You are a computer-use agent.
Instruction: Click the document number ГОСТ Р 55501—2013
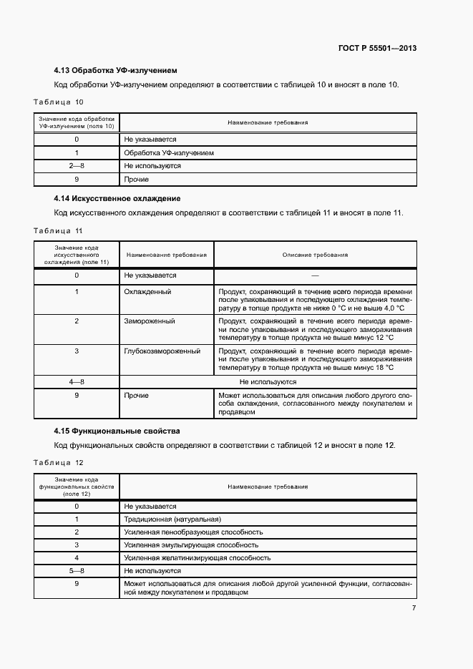click(x=377, y=49)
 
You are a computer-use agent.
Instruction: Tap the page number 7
click(x=414, y=608)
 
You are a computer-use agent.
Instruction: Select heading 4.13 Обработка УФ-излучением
click(x=115, y=71)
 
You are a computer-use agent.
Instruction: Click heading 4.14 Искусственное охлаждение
click(x=117, y=198)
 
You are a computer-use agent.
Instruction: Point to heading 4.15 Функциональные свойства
click(x=117, y=431)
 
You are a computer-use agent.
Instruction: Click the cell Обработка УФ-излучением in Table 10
click(x=169, y=153)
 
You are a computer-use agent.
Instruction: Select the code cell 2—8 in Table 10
click(x=77, y=166)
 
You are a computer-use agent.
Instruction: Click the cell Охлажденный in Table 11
click(x=147, y=292)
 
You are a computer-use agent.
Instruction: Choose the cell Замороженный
click(x=150, y=321)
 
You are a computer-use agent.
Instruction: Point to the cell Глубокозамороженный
click(x=162, y=351)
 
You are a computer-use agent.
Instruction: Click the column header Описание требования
click(x=315, y=255)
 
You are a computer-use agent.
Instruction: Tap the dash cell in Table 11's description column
click(x=315, y=275)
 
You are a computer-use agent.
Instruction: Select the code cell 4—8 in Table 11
click(x=77, y=382)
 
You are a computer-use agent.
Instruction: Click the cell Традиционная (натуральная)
click(x=172, y=519)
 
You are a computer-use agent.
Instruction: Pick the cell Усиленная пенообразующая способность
click(x=193, y=532)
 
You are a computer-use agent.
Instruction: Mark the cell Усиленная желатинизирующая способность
click(x=197, y=558)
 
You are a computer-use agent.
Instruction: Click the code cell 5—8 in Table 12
click(x=77, y=571)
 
